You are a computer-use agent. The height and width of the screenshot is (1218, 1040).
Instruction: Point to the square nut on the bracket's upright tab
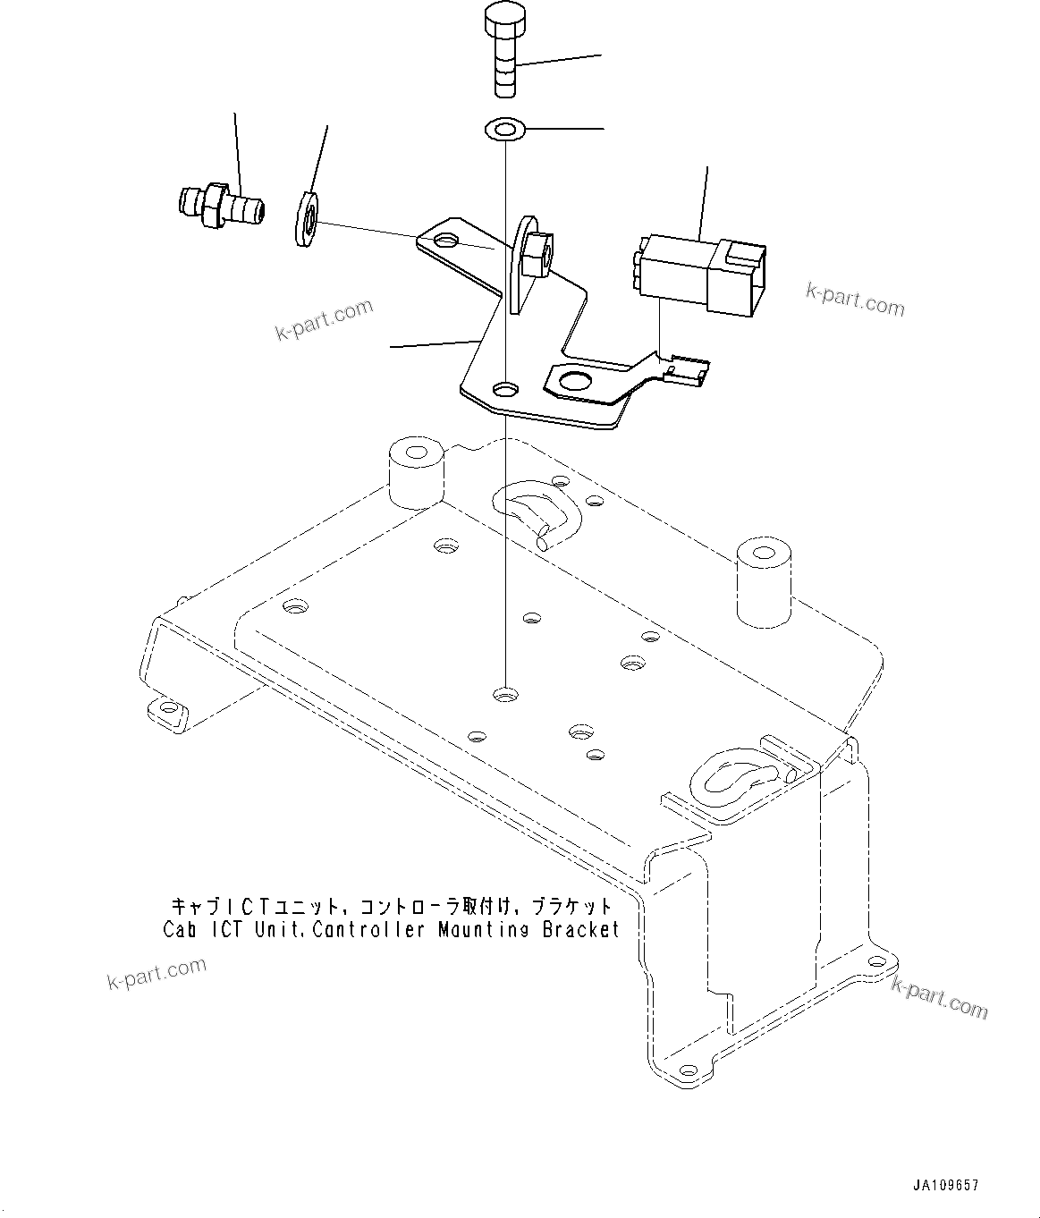535,254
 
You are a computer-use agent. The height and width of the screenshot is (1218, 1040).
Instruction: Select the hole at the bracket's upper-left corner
445,242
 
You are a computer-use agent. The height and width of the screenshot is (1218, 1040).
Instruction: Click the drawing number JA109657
945,1185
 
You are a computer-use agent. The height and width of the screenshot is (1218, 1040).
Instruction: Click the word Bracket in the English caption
580,929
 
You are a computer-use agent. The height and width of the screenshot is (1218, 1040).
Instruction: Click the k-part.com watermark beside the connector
854,300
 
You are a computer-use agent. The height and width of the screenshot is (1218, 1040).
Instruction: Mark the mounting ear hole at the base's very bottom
686,1070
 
